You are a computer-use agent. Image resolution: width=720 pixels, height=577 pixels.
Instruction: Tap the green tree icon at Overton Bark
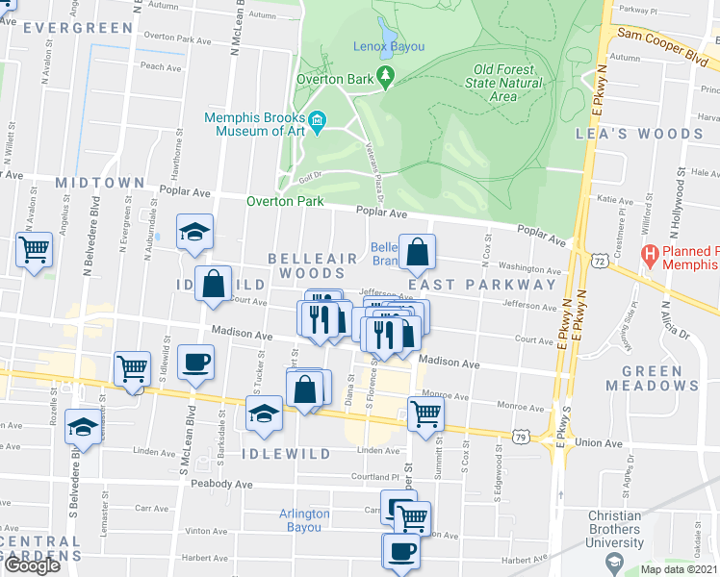click(x=386, y=74)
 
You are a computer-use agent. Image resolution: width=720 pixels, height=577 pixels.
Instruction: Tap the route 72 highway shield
click(x=600, y=261)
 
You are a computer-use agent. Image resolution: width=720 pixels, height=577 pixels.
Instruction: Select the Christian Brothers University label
click(x=615, y=529)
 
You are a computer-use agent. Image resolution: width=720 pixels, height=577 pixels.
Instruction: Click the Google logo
click(x=32, y=565)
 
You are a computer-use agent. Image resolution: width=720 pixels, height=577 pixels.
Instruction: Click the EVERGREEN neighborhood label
click(x=77, y=28)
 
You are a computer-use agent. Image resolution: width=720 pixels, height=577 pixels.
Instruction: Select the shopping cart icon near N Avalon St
click(x=35, y=250)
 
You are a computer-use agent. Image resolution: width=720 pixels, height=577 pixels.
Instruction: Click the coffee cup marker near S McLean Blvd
click(x=196, y=363)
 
